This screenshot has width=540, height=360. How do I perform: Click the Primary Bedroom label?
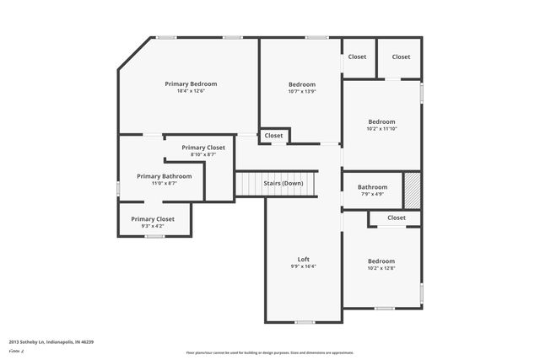pos(191,83)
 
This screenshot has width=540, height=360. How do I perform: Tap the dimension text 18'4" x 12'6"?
pos(191,91)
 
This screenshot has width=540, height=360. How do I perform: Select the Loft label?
pos(304,259)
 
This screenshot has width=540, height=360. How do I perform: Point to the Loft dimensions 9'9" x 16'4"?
pos(304,266)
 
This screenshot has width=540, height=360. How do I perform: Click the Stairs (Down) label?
pos(283,183)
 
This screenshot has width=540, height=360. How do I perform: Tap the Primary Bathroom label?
pos(165,175)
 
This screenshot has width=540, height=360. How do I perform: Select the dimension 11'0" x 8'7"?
pos(165,183)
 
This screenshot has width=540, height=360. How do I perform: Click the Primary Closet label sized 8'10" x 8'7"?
pos(203,147)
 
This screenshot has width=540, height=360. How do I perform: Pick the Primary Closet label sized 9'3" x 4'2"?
pos(153,218)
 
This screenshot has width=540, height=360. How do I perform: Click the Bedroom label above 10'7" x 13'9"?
pos(302,84)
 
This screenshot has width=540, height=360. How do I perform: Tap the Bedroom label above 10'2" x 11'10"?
pos(381,121)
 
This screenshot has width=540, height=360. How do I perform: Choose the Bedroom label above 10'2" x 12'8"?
pos(381,261)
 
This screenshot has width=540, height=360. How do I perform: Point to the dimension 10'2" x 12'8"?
pos(381,269)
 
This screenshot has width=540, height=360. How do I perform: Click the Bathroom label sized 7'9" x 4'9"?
pos(372,187)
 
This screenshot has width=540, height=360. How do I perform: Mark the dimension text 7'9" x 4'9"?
pos(372,194)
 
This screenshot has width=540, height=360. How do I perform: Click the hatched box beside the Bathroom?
pos(412,191)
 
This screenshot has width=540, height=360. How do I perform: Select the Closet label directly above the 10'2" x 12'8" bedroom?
pos(397,218)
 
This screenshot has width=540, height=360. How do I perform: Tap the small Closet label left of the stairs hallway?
pos(274,135)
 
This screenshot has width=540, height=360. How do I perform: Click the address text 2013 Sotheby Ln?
pos(51,341)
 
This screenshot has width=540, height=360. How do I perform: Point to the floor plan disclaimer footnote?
pos(269,352)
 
